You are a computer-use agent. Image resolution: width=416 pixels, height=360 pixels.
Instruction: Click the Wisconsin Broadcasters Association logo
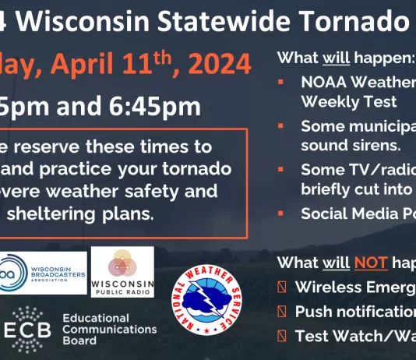[44, 273]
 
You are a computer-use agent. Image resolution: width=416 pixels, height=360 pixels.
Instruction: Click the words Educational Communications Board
[108, 329]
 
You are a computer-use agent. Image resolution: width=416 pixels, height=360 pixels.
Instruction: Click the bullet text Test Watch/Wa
[354, 337]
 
